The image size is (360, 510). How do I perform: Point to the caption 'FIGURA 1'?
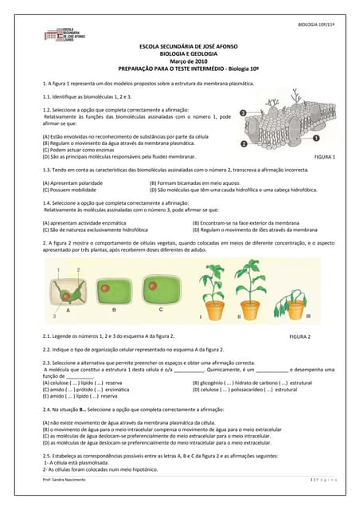325,157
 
